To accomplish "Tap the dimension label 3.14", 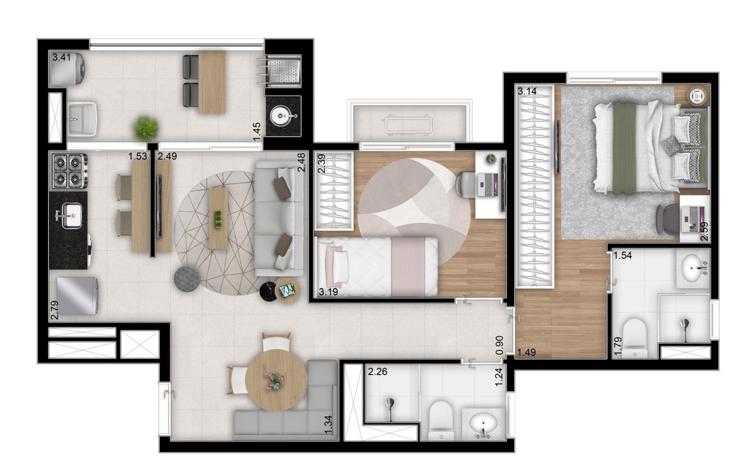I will [x=527, y=92].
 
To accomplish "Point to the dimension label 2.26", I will [x=377, y=371].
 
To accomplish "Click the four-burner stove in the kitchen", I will [x=68, y=170].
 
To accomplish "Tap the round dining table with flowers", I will [x=275, y=380].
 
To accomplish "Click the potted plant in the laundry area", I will [x=146, y=128].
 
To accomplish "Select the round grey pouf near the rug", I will [x=186, y=279].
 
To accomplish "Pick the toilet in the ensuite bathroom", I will [x=633, y=337].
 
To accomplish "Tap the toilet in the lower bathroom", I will [x=441, y=420].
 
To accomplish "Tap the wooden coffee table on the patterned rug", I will [x=218, y=218].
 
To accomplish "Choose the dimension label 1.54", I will [x=622, y=256].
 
